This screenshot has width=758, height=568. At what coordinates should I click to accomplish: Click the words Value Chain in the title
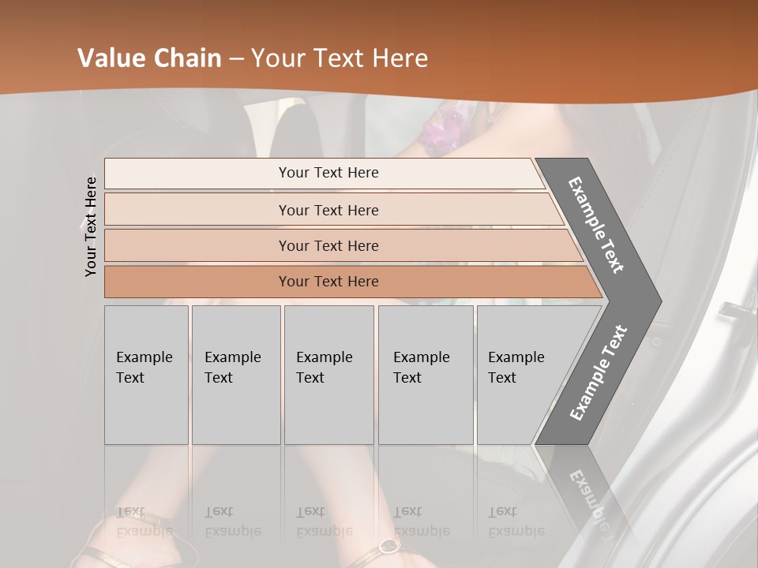149,58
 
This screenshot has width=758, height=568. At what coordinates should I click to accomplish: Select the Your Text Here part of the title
340,58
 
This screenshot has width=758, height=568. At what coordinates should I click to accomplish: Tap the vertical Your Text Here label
92,226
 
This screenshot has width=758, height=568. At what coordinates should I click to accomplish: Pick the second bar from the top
328,210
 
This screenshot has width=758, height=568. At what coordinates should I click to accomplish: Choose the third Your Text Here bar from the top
328,245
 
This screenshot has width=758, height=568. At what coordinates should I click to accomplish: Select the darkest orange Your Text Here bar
328,282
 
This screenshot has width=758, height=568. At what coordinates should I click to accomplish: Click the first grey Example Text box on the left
146,375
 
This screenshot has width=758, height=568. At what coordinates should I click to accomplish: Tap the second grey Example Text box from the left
236,375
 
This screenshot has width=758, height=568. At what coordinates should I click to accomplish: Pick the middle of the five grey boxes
328,375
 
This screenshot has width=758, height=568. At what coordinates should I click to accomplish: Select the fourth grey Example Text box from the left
426,375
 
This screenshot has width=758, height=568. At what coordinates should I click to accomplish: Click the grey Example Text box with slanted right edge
521,375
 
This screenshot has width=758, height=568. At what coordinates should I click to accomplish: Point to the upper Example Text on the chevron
597,225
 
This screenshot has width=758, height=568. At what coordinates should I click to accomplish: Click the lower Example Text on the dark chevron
599,372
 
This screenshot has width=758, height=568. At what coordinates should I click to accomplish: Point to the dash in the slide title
236,58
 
